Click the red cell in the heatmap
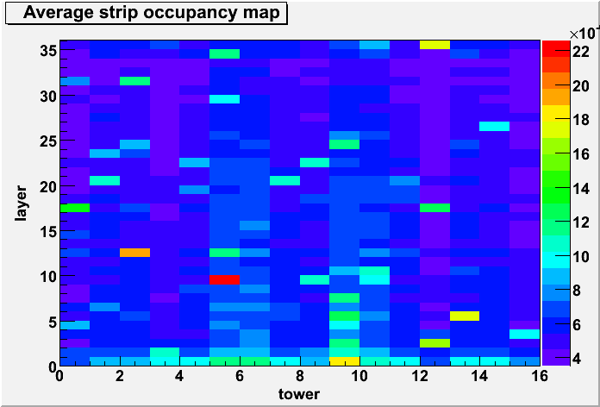click(225, 280)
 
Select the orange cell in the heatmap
click(134, 253)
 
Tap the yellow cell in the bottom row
click(344, 361)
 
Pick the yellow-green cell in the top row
click(434, 45)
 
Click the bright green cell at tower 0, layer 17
click(75, 208)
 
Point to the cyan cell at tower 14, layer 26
click(494, 127)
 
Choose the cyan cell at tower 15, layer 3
click(525, 335)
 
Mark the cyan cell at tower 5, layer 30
click(225, 99)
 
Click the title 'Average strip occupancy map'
click(152, 13)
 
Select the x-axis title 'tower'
click(300, 393)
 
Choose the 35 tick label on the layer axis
click(47, 51)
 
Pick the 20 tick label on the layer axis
click(47, 187)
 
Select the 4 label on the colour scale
click(576, 359)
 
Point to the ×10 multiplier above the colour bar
click(584, 34)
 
